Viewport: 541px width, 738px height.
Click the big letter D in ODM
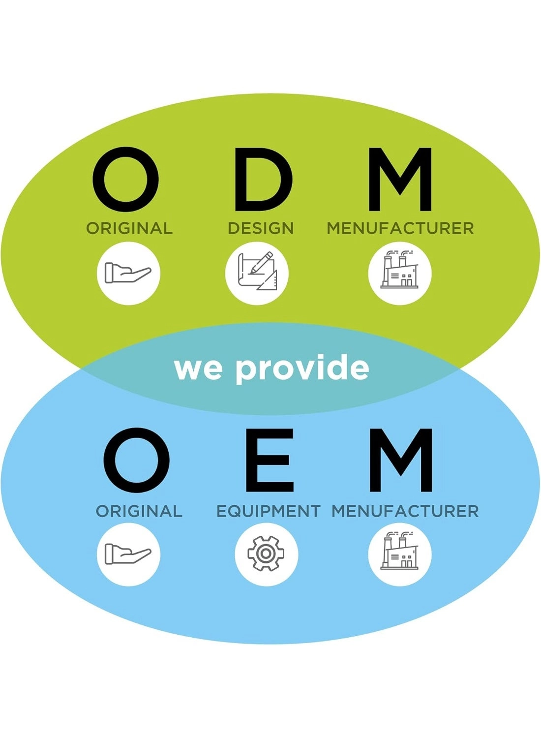click(x=263, y=180)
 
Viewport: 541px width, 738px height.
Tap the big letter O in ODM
click(x=126, y=180)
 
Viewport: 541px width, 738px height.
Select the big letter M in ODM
click(x=400, y=180)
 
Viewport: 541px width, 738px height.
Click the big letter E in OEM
click(x=269, y=460)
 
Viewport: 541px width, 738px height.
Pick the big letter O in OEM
click(x=136, y=460)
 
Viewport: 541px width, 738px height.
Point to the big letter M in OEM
click(x=401, y=460)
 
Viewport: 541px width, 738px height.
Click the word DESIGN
click(x=261, y=228)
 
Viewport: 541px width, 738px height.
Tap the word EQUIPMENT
click(x=269, y=511)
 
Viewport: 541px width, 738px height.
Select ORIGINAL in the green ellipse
click(x=129, y=228)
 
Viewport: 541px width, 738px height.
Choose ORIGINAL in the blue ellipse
click(x=139, y=511)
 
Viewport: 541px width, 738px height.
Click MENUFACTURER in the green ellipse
click(x=400, y=228)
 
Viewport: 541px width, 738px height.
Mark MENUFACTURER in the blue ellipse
click(x=405, y=511)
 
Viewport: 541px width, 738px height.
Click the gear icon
click(x=266, y=554)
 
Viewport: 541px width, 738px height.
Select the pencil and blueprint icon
click(x=257, y=274)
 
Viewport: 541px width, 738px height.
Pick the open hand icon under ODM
click(x=128, y=274)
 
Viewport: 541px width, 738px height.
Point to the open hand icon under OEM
click(x=128, y=554)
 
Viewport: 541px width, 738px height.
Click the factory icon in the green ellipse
click(x=400, y=274)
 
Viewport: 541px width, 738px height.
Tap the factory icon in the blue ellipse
click(x=400, y=554)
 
